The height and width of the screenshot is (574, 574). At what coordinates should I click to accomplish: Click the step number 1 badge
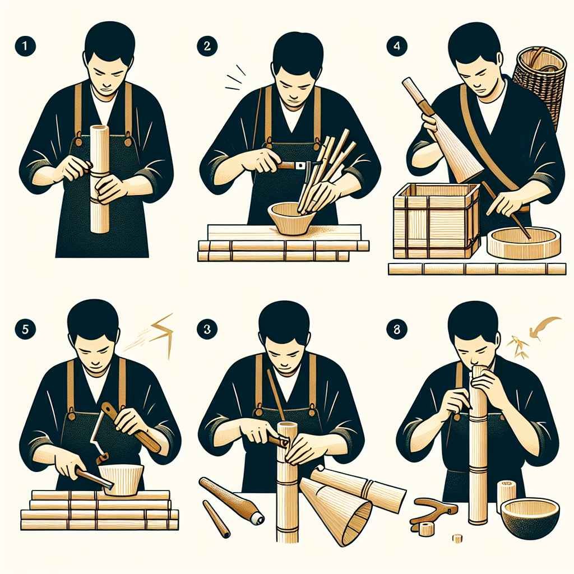point(25,46)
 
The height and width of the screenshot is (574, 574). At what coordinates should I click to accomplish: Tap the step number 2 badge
point(207,46)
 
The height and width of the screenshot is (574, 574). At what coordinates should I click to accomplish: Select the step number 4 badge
point(397,46)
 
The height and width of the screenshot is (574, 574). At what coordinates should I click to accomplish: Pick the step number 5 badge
point(25,329)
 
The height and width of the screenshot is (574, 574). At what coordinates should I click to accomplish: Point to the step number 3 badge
point(207,329)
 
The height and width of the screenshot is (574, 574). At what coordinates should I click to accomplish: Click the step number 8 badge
point(397,329)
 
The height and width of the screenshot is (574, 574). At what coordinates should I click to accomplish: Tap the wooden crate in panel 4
point(436,221)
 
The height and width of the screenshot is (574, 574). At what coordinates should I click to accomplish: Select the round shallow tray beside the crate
point(524,242)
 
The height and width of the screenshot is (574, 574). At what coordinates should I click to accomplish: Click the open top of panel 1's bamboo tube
point(100,128)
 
